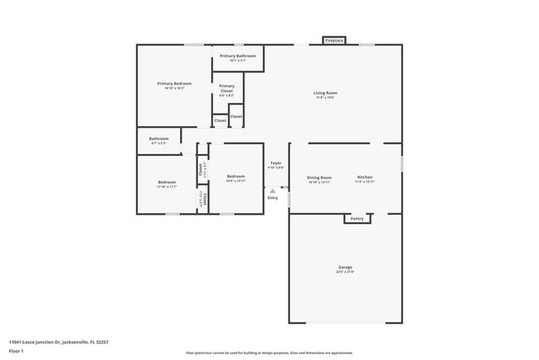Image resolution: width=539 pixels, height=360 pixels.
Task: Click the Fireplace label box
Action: coord(334,40)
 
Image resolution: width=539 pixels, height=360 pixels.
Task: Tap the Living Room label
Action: coord(325,92)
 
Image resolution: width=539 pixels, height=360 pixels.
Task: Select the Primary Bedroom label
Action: coord(175,83)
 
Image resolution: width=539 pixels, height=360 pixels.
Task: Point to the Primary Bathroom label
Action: coord(238,56)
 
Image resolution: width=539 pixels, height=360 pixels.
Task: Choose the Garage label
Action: coord(345,267)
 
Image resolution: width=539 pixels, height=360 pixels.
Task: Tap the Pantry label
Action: coord(357,219)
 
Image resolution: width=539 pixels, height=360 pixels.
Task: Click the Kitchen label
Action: coord(365,177)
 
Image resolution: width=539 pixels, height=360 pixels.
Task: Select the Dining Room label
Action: coord(319,177)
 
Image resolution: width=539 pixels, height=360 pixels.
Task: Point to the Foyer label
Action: coord(275,163)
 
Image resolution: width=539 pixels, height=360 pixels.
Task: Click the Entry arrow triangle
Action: coord(272,191)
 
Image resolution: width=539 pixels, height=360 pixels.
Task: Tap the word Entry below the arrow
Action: coord(272,198)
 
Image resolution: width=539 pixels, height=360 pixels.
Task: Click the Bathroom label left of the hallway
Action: coord(158,139)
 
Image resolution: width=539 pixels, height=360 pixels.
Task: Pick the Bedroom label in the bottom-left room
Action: coord(167,182)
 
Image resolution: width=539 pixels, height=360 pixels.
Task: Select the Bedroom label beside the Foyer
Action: coord(236,176)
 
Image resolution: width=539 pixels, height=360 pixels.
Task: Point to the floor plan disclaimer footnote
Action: coord(269,353)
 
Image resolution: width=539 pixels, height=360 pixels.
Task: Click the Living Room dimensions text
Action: coord(325,98)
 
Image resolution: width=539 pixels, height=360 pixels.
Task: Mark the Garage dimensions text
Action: coord(345,272)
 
